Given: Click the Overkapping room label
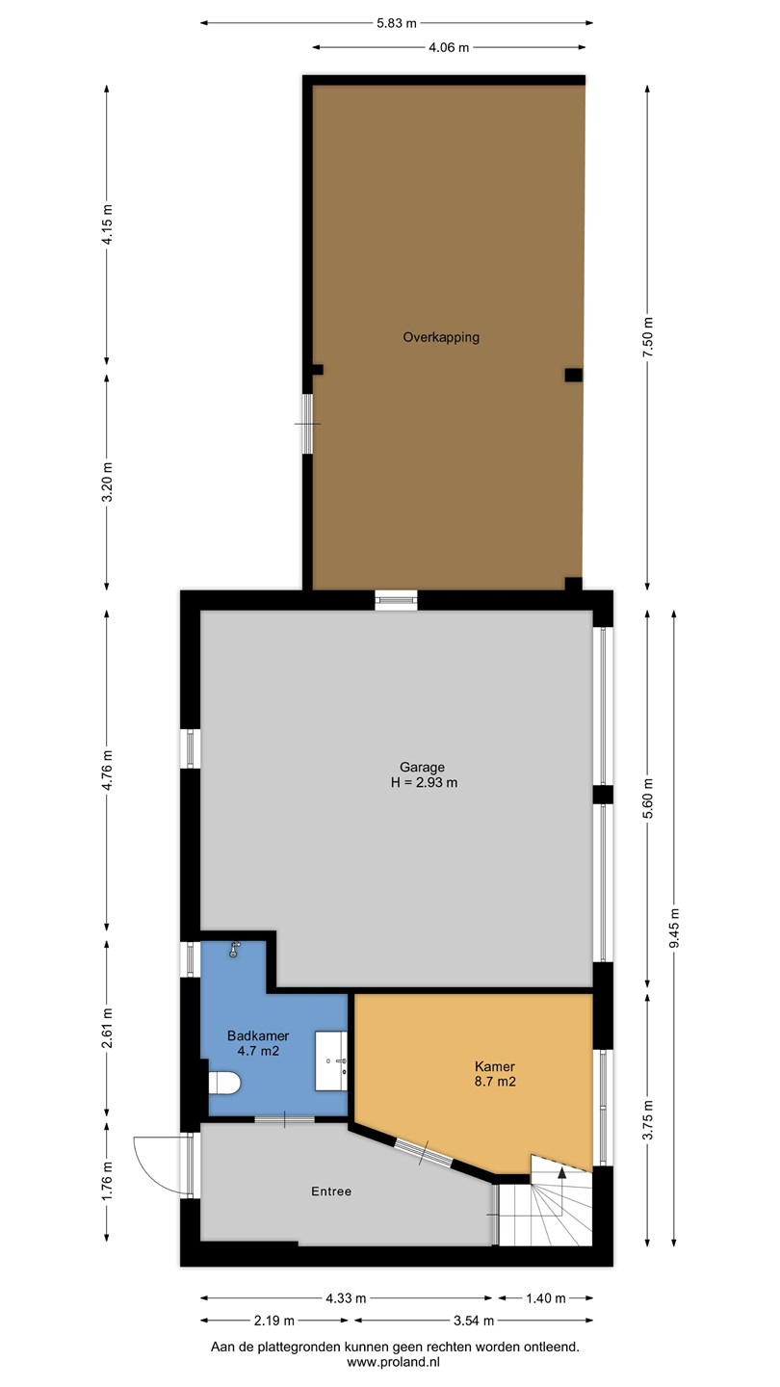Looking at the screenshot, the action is [441, 337].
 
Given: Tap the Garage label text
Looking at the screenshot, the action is [422, 767].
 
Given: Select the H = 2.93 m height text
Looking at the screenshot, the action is [424, 783].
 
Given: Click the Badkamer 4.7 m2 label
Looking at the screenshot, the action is [258, 1043].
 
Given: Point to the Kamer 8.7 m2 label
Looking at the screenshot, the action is [495, 1074].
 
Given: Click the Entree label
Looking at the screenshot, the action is [331, 1191].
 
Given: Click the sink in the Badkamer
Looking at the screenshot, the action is [331, 1060].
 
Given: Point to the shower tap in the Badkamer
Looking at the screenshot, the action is [234, 950].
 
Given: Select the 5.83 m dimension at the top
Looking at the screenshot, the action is [397, 23].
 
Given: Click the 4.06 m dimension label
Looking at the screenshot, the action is [449, 47].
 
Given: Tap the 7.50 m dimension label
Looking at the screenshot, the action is [647, 336].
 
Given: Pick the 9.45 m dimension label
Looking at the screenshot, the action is [674, 928].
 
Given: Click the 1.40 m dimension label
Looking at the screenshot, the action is [545, 1298].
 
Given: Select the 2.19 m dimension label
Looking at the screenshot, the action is [273, 1321].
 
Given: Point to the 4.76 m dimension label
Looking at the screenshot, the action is [107, 770].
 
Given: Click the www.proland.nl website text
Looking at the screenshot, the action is [393, 1362].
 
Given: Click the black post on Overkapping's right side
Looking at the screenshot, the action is [573, 375].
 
